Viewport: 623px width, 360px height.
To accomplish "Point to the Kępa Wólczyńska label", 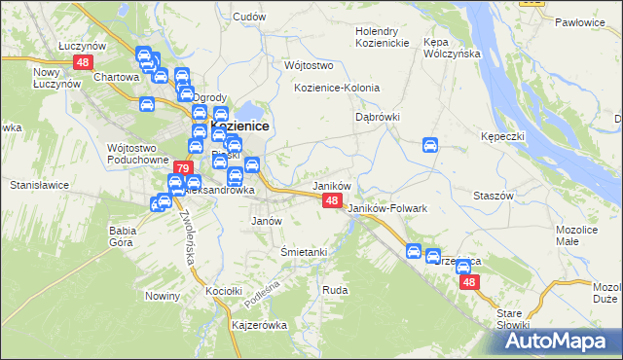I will [447, 48].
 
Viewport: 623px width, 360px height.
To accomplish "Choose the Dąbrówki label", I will [376, 117].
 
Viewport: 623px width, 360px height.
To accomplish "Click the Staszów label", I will [493, 196].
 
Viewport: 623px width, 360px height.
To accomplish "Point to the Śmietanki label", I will [303, 252].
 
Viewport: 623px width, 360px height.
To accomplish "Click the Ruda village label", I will [335, 290].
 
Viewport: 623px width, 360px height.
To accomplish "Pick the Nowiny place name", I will [160, 296].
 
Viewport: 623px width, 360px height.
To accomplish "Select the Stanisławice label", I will [37, 183].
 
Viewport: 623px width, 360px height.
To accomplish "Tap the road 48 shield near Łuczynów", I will [82, 61].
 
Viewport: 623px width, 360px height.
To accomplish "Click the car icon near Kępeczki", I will [430, 146].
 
